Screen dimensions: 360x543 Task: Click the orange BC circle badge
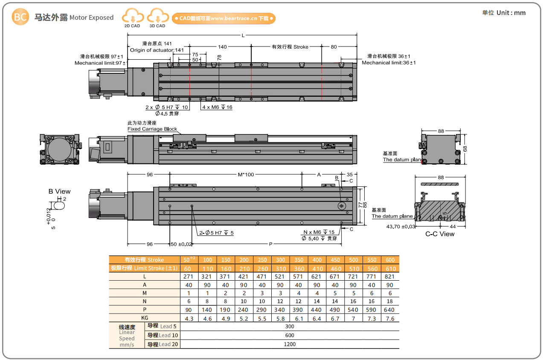point(20,17)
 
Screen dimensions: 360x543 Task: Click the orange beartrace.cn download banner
point(224,18)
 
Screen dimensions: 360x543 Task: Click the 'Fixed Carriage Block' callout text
point(152,129)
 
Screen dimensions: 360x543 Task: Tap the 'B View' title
point(59,192)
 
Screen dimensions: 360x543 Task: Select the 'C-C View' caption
point(440,234)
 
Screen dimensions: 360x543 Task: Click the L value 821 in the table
point(390,276)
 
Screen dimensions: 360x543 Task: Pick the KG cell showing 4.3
point(189,319)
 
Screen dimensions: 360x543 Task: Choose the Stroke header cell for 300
point(280,260)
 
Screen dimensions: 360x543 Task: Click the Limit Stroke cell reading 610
point(390,269)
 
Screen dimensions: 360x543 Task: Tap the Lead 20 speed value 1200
point(290,344)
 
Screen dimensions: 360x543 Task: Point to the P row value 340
point(280,310)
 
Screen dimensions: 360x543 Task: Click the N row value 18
point(390,301)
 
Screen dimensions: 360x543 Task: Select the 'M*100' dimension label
point(245,174)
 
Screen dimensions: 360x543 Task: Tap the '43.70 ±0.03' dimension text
point(400,226)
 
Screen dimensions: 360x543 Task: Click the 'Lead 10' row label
point(163,335)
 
